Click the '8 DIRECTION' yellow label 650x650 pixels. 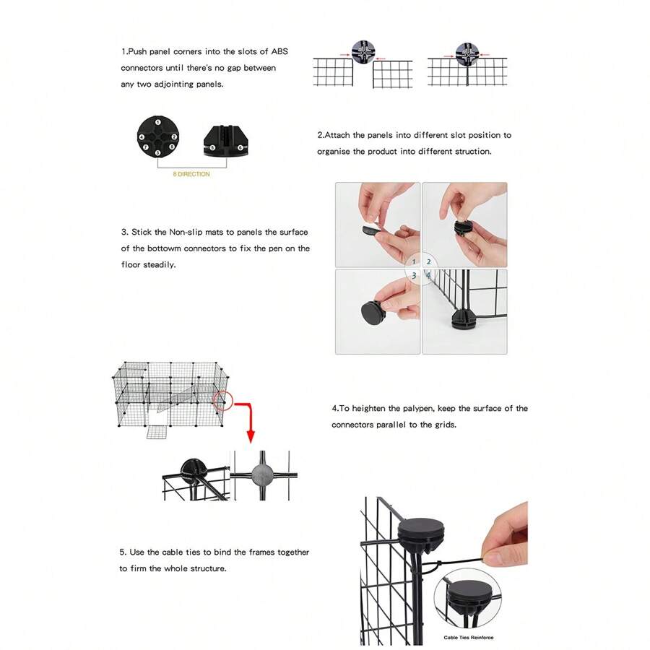click(x=191, y=174)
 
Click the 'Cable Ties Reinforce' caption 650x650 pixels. click(x=469, y=638)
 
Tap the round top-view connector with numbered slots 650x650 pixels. click(x=157, y=136)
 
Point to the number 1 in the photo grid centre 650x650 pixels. click(x=414, y=262)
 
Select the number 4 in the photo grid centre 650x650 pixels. click(x=428, y=276)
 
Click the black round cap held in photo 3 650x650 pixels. click(x=376, y=315)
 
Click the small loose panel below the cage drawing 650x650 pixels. click(x=157, y=432)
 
